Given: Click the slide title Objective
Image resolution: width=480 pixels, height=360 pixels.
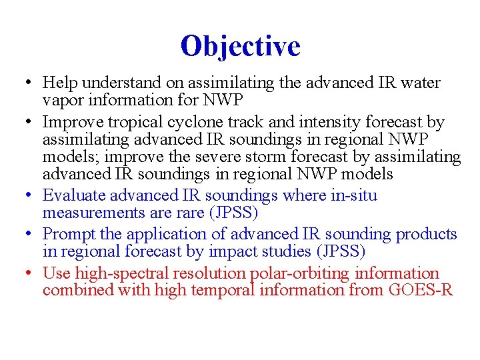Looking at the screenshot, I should click(x=240, y=46).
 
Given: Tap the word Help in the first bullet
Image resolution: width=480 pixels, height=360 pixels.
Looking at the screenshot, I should click(x=58, y=83).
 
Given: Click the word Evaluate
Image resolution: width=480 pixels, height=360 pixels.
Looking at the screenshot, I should click(x=73, y=196).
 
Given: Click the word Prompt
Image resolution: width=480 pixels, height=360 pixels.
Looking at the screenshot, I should click(x=67, y=235).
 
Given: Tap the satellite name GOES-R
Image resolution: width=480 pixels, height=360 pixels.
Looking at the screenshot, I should click(x=424, y=291).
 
